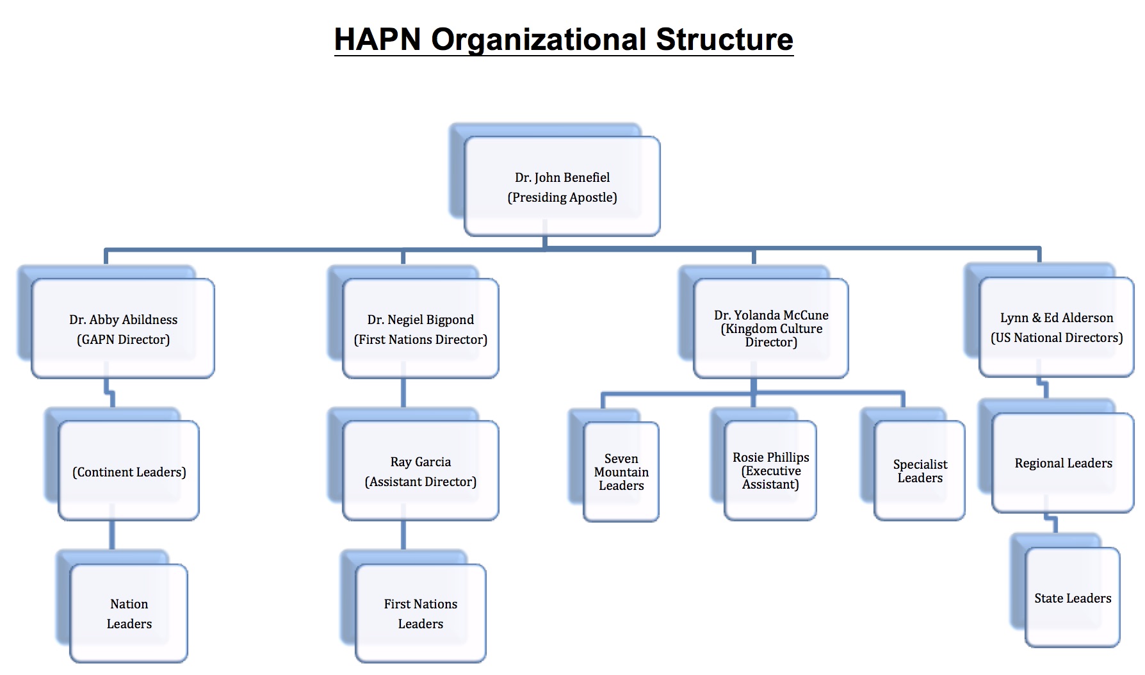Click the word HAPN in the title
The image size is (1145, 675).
(377, 40)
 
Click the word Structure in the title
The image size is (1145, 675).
(724, 40)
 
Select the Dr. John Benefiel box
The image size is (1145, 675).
(562, 186)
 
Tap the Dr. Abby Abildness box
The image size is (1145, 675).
(123, 329)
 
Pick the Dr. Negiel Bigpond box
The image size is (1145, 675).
(421, 329)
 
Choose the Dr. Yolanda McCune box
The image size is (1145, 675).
(771, 328)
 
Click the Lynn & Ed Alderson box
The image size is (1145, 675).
(1057, 327)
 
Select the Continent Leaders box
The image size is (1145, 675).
(129, 471)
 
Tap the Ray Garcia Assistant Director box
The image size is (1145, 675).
(421, 471)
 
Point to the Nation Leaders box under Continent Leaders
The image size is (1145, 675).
(129, 613)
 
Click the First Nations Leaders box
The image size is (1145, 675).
(421, 613)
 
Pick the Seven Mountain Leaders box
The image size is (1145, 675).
(621, 471)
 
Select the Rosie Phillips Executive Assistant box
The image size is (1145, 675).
(770, 470)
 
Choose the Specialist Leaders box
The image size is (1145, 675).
(920, 470)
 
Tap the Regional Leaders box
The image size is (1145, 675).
(1063, 462)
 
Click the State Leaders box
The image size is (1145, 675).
(1073, 598)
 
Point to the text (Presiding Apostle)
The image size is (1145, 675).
(562, 197)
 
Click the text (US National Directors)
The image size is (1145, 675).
(1057, 337)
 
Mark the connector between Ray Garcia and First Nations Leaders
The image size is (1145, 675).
(403, 535)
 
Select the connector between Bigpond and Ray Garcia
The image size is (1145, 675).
(403, 393)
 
